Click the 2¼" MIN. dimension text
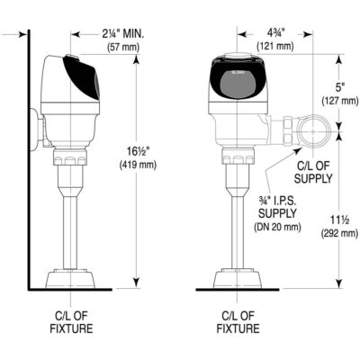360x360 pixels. pyautogui.click(x=126, y=33)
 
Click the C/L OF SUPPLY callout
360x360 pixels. pyautogui.click(x=315, y=172)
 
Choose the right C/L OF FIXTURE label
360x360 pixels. pyautogui.click(x=238, y=322)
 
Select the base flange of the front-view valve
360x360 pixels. pyautogui.click(x=238, y=276)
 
